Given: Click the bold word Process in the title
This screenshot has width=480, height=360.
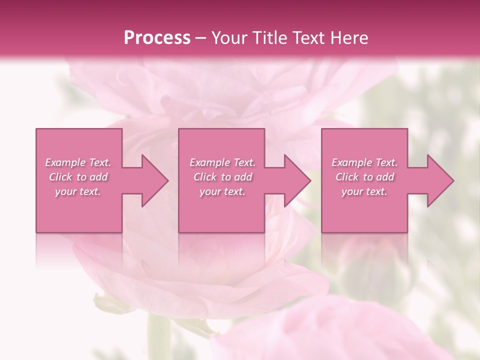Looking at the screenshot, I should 157,38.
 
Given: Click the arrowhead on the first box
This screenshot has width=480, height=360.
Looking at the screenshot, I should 152,180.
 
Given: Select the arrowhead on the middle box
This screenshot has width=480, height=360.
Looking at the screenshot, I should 295,180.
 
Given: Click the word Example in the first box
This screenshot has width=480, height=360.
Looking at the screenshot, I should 65,162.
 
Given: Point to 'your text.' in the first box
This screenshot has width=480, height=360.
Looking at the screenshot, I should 78,191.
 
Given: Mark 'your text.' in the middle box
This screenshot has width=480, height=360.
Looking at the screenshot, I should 222,191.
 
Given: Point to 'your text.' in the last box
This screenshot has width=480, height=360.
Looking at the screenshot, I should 364,191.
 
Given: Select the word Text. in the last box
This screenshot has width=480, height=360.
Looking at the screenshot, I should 386,162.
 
